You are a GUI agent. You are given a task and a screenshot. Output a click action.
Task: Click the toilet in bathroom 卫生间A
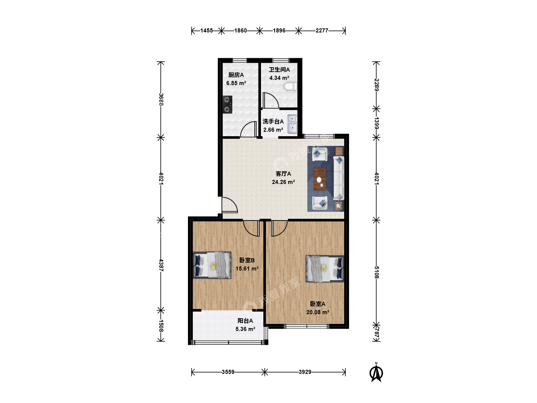(x=291, y=87)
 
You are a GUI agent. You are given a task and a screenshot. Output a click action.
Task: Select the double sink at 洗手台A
(x=292, y=124)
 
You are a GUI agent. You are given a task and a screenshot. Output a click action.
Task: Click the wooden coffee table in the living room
(x=320, y=179)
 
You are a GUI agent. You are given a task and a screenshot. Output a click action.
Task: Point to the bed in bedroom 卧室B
(x=212, y=265)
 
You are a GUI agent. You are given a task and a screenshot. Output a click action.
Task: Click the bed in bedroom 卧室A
(x=325, y=269)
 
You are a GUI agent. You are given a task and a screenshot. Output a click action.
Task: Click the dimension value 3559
(x=228, y=372)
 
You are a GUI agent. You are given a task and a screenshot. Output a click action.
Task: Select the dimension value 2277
(x=322, y=31)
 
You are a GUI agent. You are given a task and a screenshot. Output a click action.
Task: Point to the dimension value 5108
(x=377, y=272)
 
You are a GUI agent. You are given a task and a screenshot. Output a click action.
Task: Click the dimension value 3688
(x=161, y=99)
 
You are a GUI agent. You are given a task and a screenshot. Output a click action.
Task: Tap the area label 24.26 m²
(x=283, y=182)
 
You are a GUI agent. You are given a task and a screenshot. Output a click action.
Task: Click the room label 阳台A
(x=245, y=321)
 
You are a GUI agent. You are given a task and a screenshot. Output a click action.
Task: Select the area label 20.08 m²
(x=318, y=312)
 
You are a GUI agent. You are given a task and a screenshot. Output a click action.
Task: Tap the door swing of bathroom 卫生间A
(x=271, y=100)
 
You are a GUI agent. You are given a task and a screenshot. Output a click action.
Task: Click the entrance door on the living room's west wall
(x=229, y=205)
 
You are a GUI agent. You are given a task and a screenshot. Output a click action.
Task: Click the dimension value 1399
(x=377, y=123)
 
